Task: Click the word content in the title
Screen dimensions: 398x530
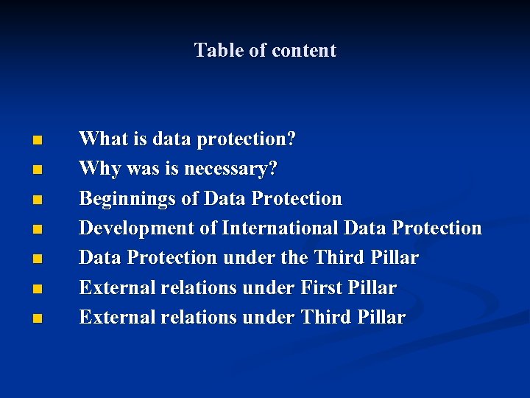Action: (304, 50)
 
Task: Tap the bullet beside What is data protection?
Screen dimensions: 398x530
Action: (37, 140)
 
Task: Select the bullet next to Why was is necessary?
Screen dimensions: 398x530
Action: (37, 170)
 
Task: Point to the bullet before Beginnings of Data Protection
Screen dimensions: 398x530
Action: (37, 199)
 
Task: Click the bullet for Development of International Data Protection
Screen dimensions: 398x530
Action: (37, 229)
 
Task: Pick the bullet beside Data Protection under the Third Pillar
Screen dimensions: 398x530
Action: (37, 259)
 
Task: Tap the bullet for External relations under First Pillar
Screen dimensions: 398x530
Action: (37, 288)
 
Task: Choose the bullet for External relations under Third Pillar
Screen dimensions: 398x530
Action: (37, 318)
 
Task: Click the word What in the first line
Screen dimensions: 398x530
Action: (102, 139)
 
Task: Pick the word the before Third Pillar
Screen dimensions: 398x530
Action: (293, 258)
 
